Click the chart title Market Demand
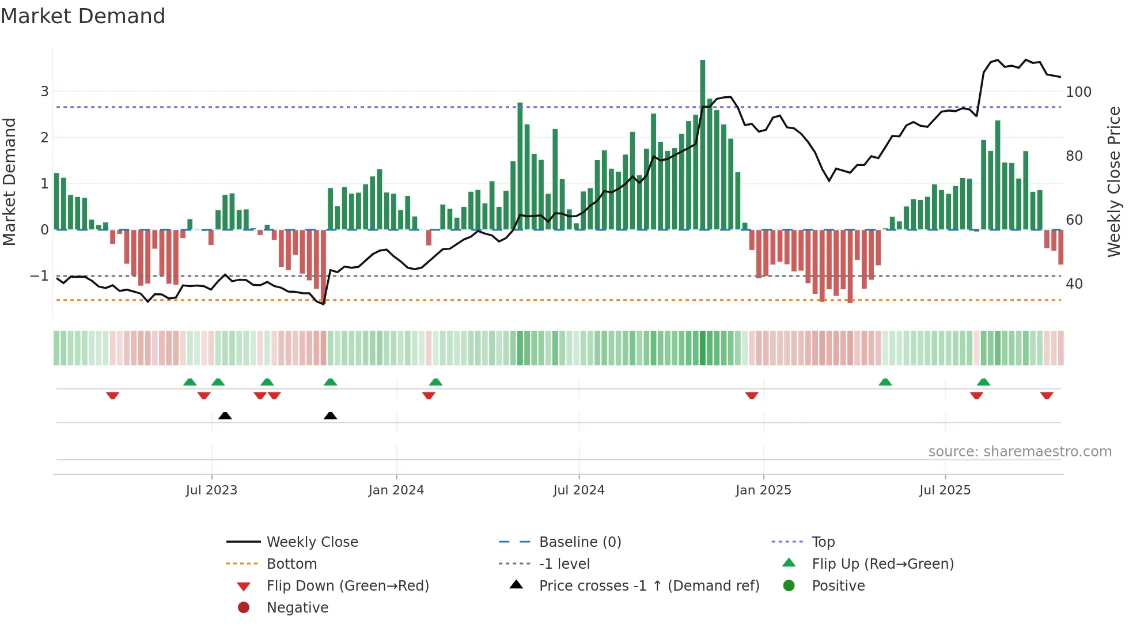pos(83,16)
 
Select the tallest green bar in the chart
pos(702,144)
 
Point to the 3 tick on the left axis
pos(44,91)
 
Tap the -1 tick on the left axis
pos(39,276)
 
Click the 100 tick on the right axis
pos(1078,92)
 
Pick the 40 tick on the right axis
pos(1074,284)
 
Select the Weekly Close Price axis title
pos(1114,182)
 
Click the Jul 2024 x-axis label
pos(578,490)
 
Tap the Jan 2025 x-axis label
pos(763,490)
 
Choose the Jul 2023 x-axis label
pos(211,490)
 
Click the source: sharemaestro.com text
pos(1020,452)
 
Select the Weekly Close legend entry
pos(312,542)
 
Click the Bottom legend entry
pos(291,564)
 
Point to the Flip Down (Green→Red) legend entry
pos(347,586)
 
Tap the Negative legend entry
pos(297,608)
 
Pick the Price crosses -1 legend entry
pos(649,586)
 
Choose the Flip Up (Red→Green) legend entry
pos(882,564)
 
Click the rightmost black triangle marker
pos(330,415)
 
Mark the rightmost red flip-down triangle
pos(1047,395)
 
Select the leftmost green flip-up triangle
pos(190,382)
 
